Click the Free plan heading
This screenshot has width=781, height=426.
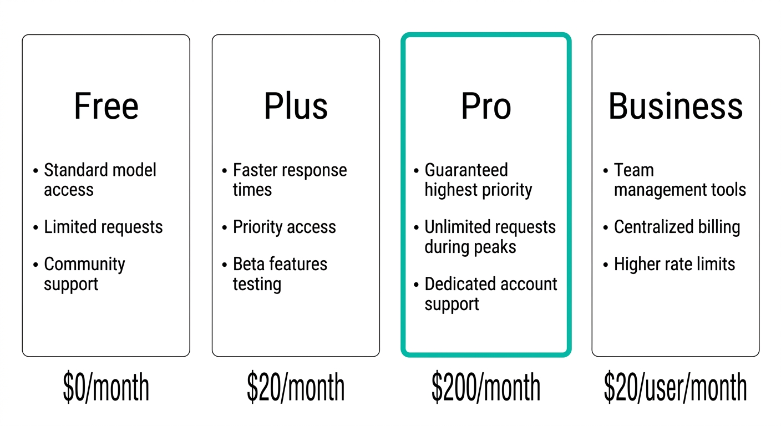[106, 106]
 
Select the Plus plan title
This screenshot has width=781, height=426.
[296, 106]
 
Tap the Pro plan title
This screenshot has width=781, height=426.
[486, 106]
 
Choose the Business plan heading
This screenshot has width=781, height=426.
[676, 106]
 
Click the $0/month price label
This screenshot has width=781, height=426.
[106, 387]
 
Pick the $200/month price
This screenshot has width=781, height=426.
[486, 387]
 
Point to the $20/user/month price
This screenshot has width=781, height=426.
[676, 387]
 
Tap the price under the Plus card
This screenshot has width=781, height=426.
[296, 387]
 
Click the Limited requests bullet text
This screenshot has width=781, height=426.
[103, 227]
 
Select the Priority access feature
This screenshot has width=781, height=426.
[284, 227]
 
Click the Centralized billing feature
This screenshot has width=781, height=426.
[677, 227]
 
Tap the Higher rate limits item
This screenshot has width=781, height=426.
[674, 264]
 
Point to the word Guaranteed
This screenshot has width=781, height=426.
[466, 170]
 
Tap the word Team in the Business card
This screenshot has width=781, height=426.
[634, 170]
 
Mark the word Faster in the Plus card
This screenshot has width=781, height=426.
[255, 170]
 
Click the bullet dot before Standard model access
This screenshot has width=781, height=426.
[35, 171]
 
